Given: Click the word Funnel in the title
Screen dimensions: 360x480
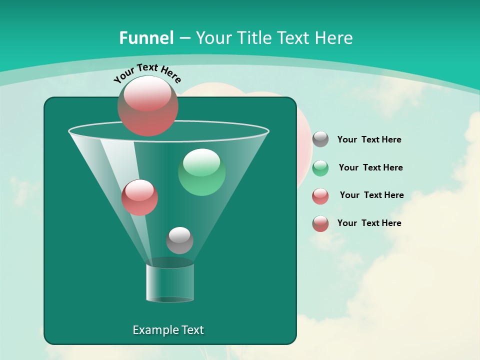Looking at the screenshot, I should coord(146,38).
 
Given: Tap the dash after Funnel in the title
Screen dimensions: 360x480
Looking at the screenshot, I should coord(184,38).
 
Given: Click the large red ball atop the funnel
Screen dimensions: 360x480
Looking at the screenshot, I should coord(148,106).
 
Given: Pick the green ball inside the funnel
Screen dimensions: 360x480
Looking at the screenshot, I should coord(201,172).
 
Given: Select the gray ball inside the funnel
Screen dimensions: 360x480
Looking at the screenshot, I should coord(179,240).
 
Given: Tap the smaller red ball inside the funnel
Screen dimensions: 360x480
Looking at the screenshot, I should coord(139,197).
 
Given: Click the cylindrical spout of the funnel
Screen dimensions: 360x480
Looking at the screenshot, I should coord(170,282).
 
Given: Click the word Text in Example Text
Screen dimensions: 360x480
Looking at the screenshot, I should coord(192,330).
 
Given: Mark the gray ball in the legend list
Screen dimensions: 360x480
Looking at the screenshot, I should coord(320,139).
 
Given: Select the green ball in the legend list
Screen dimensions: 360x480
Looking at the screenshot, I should coord(320,168).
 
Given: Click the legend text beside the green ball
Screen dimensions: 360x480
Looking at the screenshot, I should coord(370,167).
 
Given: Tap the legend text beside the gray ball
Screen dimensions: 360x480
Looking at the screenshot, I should coord(369,139).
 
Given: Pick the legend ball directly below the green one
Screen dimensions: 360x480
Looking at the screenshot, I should coord(320,196).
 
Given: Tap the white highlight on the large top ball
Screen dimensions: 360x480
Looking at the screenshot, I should coord(147,95).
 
